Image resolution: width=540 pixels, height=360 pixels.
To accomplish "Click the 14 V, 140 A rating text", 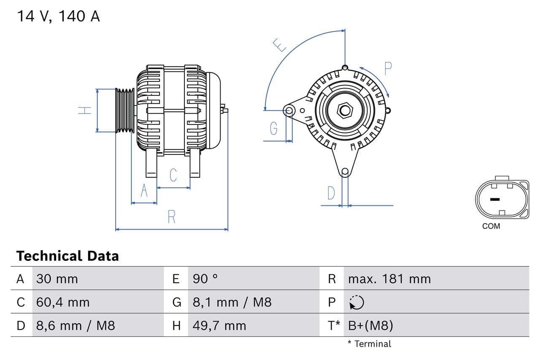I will click(58, 16).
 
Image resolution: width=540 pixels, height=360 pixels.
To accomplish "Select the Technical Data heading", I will click(67, 256).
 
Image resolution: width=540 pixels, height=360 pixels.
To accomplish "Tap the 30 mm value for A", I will click(57, 279).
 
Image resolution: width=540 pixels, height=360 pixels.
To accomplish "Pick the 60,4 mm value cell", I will click(63, 302).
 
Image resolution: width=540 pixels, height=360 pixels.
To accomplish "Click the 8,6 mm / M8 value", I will click(76, 325).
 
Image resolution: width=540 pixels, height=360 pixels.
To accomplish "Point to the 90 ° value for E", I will click(205, 279).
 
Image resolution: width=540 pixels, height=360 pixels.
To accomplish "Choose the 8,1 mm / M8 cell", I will click(232, 302).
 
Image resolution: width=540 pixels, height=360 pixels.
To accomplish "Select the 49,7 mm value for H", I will click(219, 325).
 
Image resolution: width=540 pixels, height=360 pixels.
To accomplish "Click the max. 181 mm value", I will click(389, 279).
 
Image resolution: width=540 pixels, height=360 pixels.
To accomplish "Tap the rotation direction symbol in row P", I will click(356, 302).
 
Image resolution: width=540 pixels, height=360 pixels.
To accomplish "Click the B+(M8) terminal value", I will click(370, 325).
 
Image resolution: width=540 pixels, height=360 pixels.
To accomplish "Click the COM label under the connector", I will click(491, 226).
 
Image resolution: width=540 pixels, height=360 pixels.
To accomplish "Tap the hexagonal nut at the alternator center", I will click(345, 111).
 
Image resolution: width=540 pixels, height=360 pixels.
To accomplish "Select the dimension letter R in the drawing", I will click(171, 217).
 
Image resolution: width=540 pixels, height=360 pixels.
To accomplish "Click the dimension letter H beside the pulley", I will click(85, 111).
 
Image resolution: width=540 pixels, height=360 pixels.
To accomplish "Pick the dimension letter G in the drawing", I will click(274, 128).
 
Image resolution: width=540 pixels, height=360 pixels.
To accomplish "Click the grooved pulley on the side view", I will click(125, 111).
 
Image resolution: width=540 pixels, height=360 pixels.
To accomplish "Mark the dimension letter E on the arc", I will click(279, 45).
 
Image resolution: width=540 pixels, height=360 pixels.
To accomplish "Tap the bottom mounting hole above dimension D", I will click(345, 171).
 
